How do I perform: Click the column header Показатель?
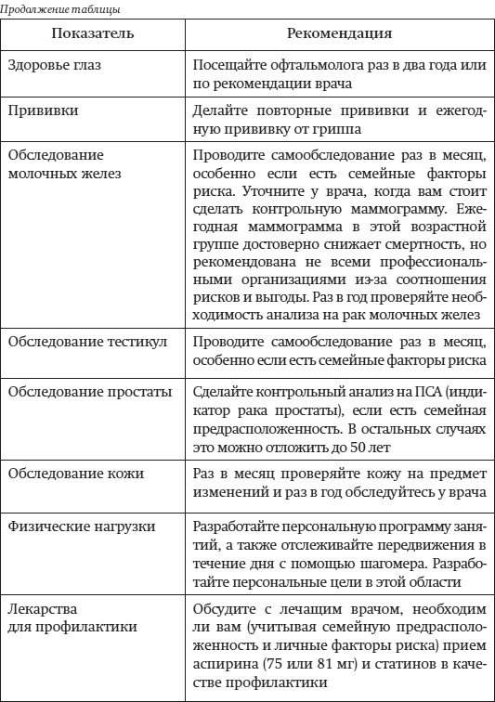click(x=93, y=33)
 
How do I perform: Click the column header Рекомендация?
click(x=339, y=33)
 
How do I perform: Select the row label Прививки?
click(x=44, y=110)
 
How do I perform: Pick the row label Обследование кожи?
click(x=76, y=474)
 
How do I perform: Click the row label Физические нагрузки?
click(x=82, y=528)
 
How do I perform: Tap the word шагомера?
click(x=380, y=564)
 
